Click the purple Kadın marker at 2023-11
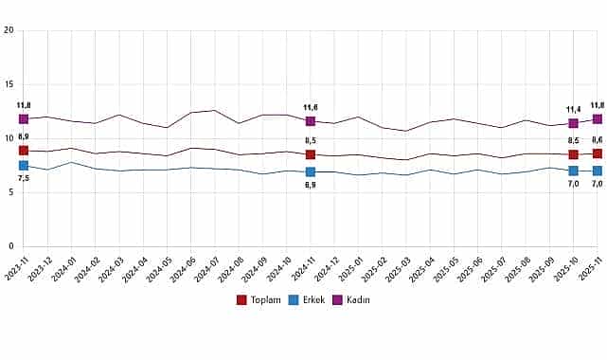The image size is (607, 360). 24,119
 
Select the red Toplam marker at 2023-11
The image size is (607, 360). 24,151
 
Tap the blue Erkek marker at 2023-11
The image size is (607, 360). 24,166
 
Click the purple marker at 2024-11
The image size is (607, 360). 311,121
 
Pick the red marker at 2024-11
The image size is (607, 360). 311,154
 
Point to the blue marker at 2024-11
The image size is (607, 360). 311,171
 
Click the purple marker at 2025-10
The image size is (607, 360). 573,123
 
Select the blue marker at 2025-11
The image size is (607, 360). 597,171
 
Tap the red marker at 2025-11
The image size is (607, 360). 597,153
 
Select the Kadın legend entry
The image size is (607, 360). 349,300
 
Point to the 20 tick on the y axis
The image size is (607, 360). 9,30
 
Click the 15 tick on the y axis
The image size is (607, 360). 9,84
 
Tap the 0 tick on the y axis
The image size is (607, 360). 9,246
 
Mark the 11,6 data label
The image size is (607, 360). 311,108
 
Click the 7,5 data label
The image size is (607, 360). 24,179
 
